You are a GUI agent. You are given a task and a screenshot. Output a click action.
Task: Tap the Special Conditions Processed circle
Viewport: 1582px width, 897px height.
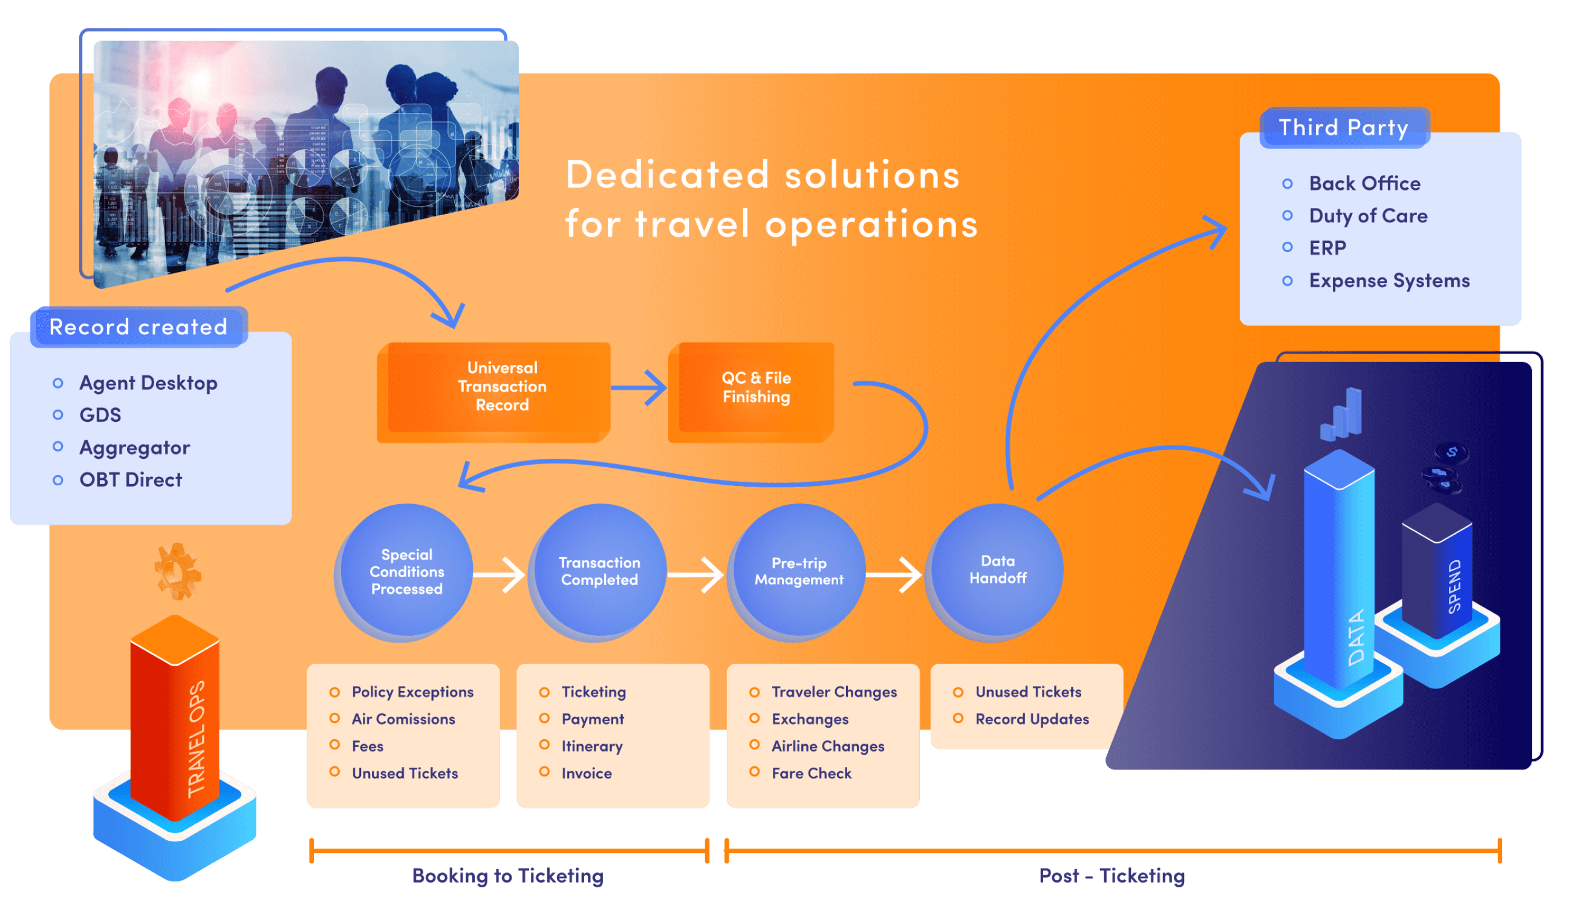406,572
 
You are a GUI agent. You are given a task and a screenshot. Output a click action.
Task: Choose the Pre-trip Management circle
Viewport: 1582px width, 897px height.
799,572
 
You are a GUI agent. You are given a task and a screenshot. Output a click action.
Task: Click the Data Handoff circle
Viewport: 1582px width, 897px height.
997,570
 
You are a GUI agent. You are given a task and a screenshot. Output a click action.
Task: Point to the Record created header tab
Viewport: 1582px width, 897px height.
138,326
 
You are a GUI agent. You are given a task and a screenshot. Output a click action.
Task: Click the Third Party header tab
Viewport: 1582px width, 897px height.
1344,128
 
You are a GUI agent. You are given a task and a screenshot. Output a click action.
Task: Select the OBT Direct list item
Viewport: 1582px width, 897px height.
131,480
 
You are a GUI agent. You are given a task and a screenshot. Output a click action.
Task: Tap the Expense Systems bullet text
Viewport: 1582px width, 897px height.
1389,281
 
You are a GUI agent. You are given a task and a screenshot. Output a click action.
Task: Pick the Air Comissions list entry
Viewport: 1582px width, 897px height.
403,719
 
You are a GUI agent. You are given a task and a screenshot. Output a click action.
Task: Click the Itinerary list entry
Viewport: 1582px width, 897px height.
591,746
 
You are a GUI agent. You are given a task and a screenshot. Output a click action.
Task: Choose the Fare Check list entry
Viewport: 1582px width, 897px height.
811,773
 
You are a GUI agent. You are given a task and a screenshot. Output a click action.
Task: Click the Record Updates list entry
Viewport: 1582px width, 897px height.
1032,719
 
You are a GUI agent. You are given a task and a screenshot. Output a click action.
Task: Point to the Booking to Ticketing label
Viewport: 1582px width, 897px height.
507,875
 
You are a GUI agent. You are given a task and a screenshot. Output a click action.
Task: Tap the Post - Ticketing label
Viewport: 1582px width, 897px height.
1111,875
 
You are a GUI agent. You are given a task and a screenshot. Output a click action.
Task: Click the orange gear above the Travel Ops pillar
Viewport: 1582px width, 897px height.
177,571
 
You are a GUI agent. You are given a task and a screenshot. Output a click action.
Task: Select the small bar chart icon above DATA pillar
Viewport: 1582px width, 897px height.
1342,414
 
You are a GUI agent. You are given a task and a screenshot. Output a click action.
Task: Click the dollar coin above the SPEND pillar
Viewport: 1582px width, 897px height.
1452,453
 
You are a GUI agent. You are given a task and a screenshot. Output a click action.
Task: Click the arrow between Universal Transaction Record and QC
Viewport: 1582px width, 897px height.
639,387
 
